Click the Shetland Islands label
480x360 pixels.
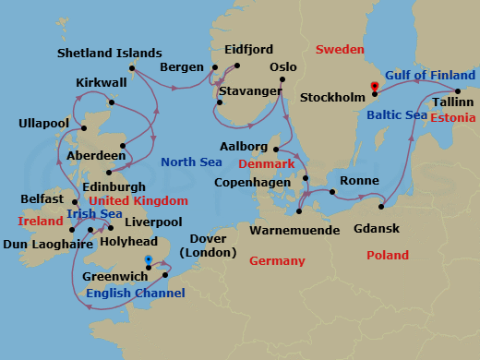[109, 53]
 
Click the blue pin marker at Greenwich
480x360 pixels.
[149, 261]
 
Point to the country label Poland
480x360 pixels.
[389, 255]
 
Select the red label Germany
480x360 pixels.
[276, 261]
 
